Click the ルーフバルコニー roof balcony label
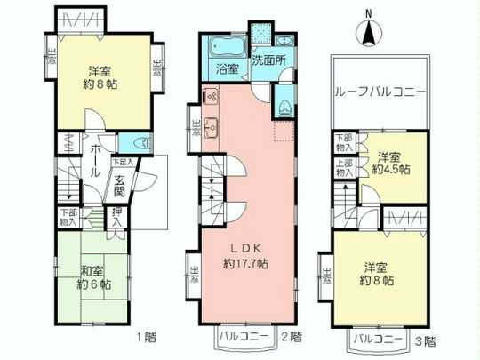click(380, 92)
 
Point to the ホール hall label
click(92, 160)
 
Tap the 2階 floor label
click(289, 338)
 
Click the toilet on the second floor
click(282, 107)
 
